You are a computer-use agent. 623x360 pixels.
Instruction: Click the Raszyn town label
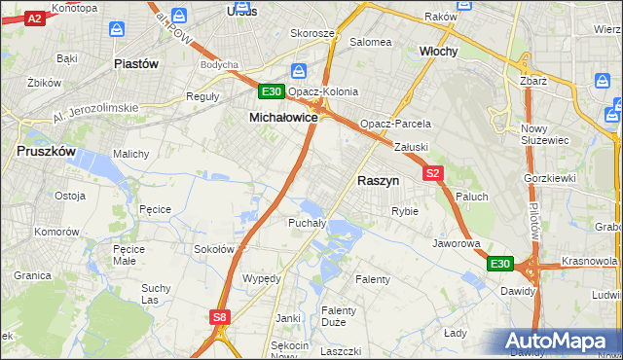pyautogui.click(x=378, y=181)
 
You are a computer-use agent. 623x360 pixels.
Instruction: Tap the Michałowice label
pyautogui.click(x=283, y=117)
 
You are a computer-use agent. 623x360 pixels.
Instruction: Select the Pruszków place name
pyautogui.click(x=47, y=152)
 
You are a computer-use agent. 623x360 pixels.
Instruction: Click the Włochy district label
pyautogui.click(x=438, y=51)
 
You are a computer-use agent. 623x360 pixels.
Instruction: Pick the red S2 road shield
pyautogui.click(x=433, y=173)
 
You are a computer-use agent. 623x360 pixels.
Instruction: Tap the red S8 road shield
pyautogui.click(x=220, y=316)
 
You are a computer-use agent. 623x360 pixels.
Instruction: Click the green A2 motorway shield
pyautogui.click(x=34, y=18)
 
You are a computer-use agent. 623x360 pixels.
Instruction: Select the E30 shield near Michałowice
pyautogui.click(x=272, y=92)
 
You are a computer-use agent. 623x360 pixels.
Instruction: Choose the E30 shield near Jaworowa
pyautogui.click(x=499, y=264)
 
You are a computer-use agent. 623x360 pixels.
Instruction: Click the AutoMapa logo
pyautogui.click(x=562, y=342)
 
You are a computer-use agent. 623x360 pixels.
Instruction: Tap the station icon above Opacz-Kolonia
pyautogui.click(x=300, y=72)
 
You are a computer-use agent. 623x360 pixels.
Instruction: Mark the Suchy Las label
pyautogui.click(x=156, y=294)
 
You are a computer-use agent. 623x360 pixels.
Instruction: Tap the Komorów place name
pyautogui.click(x=55, y=233)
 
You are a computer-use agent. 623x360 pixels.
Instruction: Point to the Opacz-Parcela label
pyautogui.click(x=394, y=125)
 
